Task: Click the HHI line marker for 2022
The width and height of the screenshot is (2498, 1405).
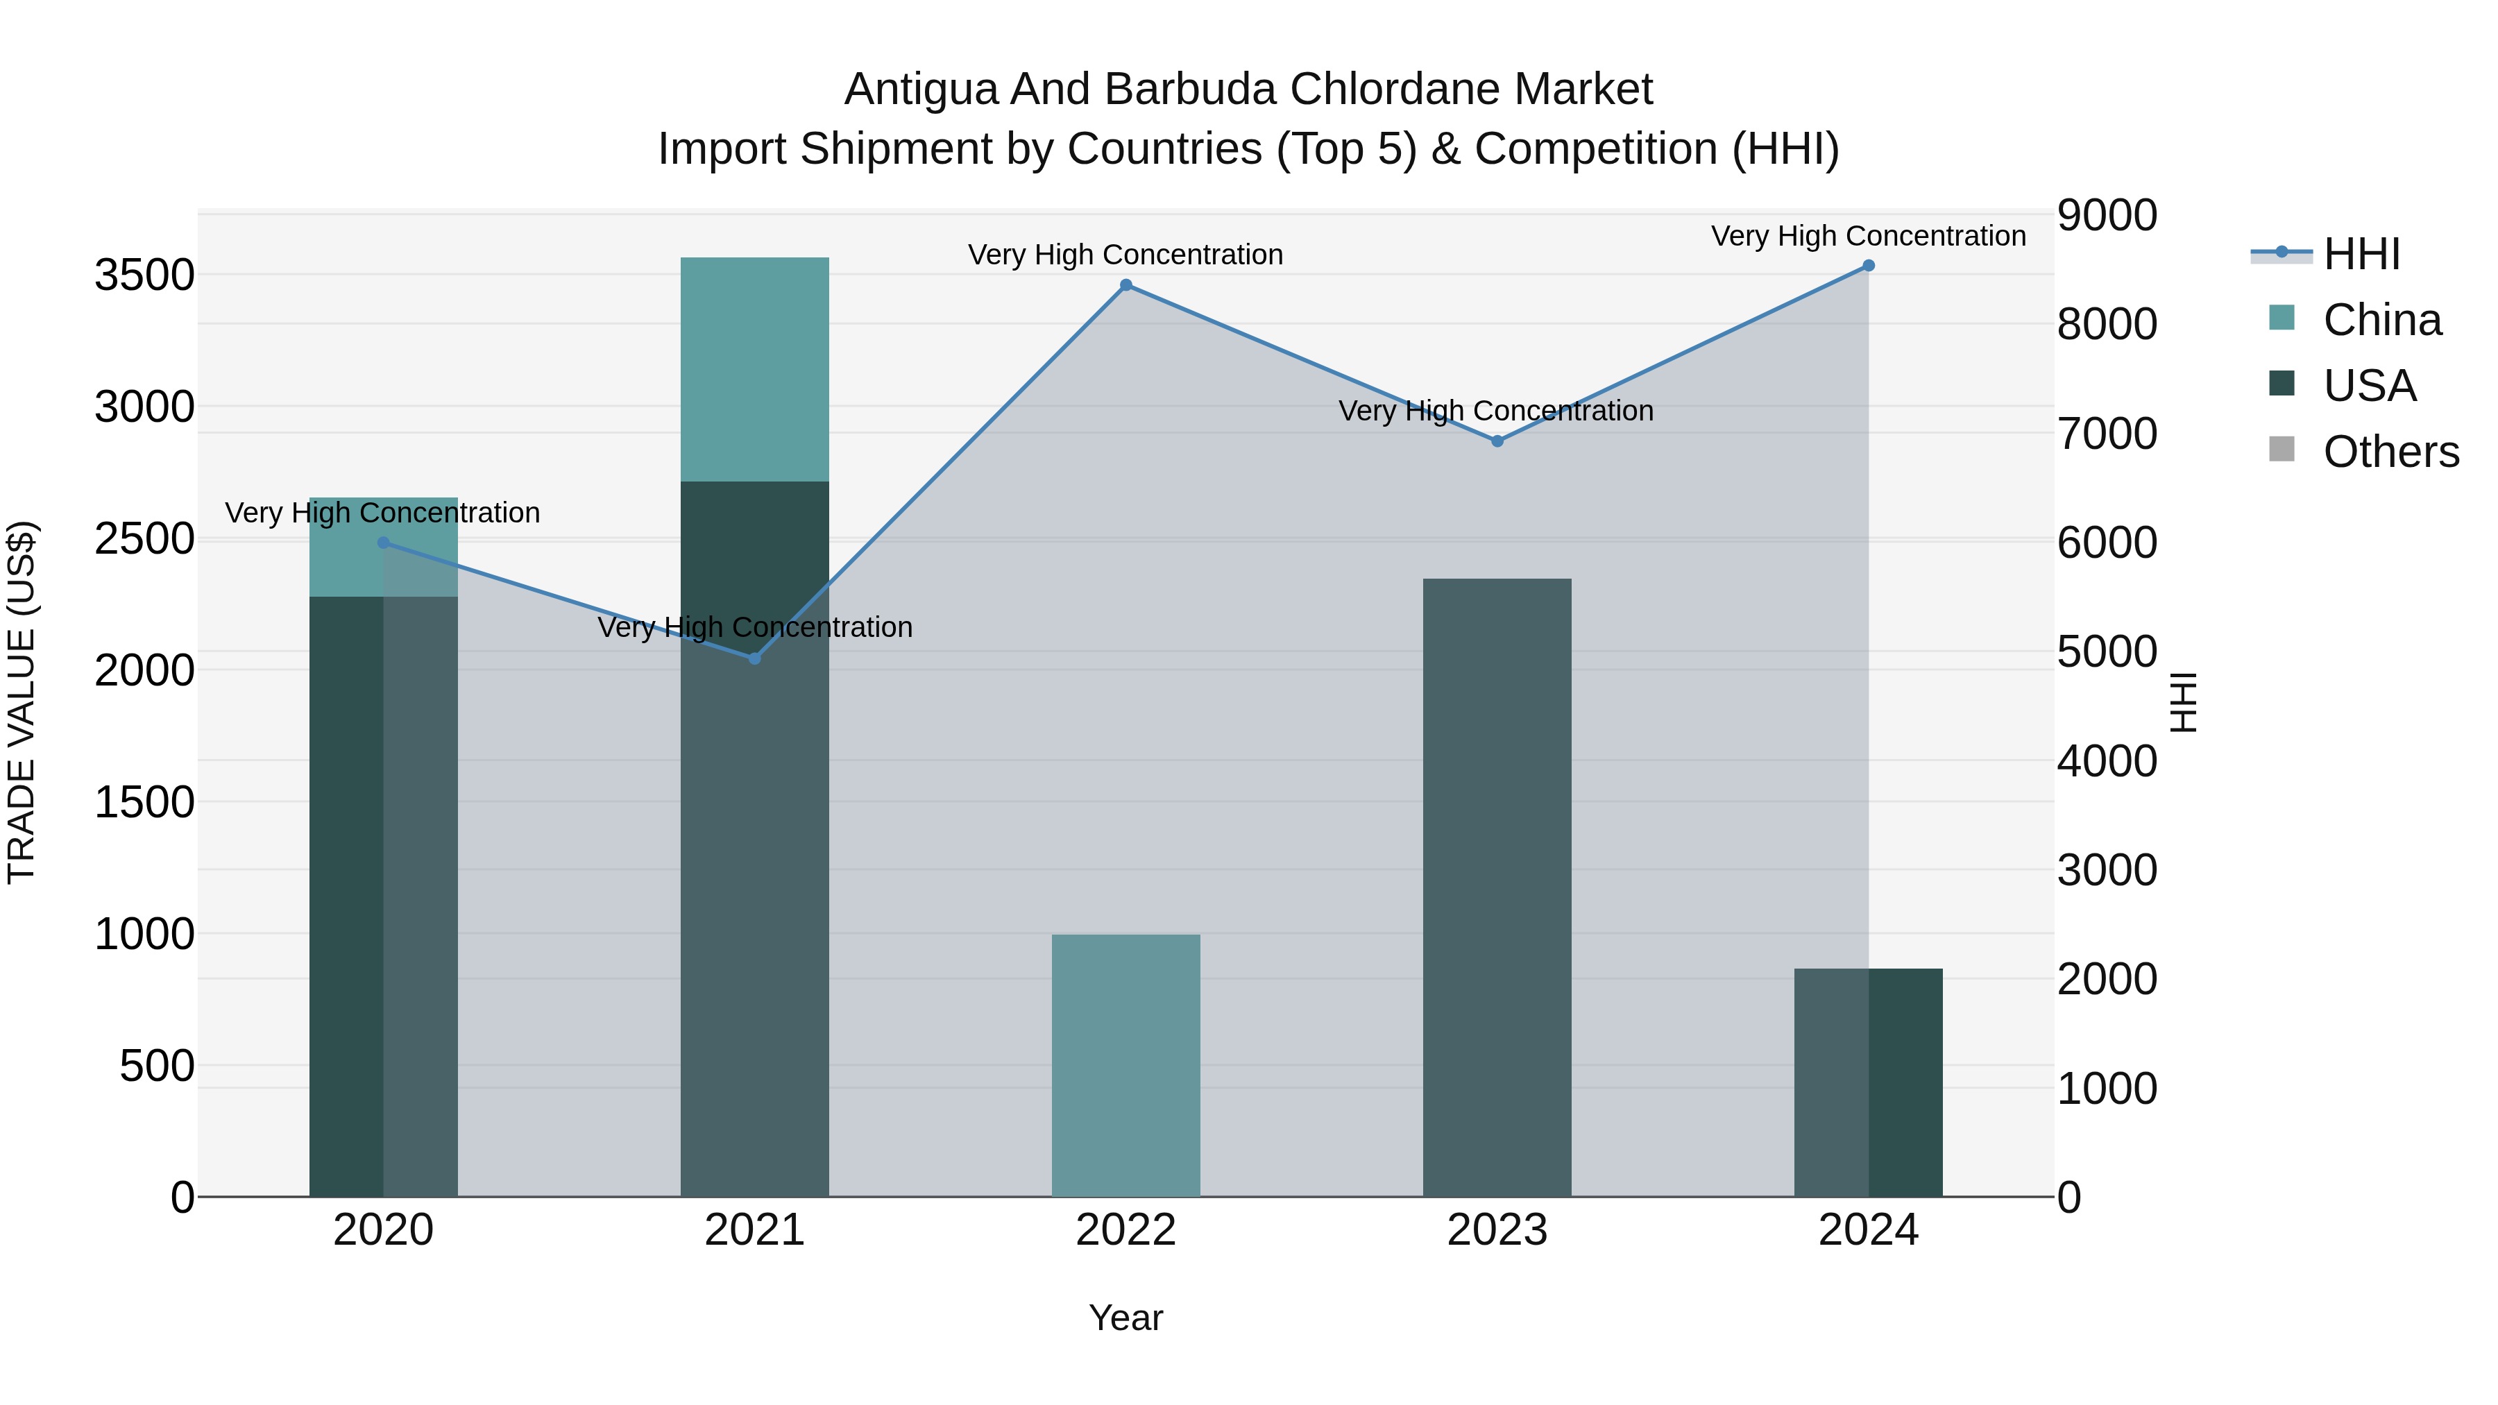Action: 1126,285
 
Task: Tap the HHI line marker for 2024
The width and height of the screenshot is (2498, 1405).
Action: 1869,266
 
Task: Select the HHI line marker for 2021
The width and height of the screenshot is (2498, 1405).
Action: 756,658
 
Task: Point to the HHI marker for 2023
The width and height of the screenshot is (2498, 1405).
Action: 1497,441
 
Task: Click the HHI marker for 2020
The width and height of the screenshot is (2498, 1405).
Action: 383,543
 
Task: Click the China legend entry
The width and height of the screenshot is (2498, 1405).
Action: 2381,320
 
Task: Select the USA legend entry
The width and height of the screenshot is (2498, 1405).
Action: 2369,386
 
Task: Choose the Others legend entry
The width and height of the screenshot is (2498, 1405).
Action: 2390,452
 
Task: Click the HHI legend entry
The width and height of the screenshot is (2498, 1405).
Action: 2361,254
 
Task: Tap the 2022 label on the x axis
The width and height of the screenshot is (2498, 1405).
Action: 1126,1230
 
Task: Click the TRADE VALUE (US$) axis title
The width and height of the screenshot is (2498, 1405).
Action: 22,702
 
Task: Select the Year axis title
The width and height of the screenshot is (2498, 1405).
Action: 1126,1318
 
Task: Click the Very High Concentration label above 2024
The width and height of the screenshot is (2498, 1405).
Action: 1869,236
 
